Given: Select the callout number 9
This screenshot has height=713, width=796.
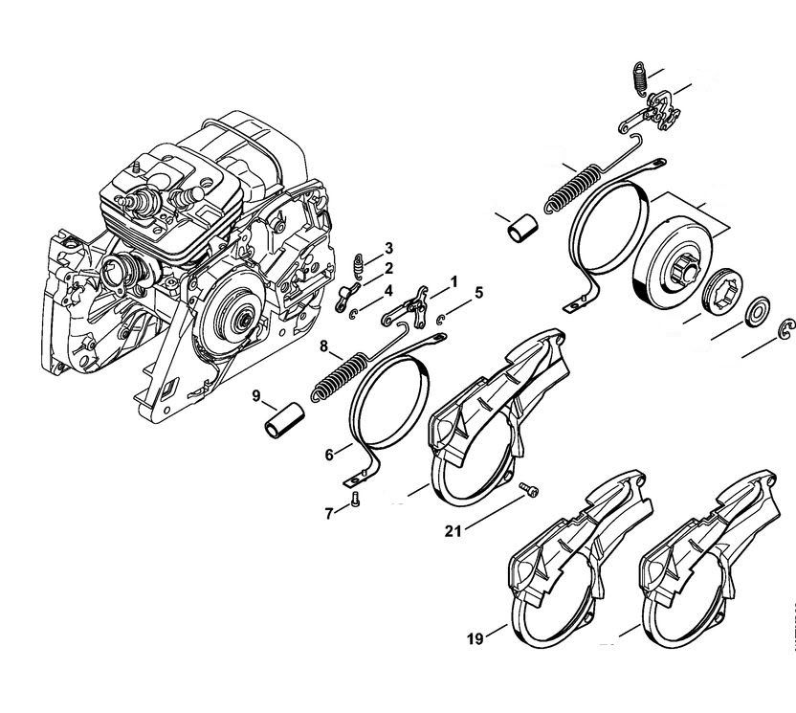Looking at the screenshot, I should (256, 395).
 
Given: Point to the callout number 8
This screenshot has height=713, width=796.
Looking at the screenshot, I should (325, 345).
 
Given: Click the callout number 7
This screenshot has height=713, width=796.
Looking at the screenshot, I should (328, 513).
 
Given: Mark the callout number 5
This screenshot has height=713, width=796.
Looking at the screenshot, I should (478, 291).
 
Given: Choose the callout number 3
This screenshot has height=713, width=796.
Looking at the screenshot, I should (388, 249).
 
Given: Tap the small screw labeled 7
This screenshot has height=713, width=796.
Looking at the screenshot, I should (355, 499).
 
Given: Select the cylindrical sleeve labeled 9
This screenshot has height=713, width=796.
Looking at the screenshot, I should (283, 420).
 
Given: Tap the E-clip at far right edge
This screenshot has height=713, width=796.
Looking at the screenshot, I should (787, 328).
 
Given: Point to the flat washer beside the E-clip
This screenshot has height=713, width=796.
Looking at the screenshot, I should (761, 308).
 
